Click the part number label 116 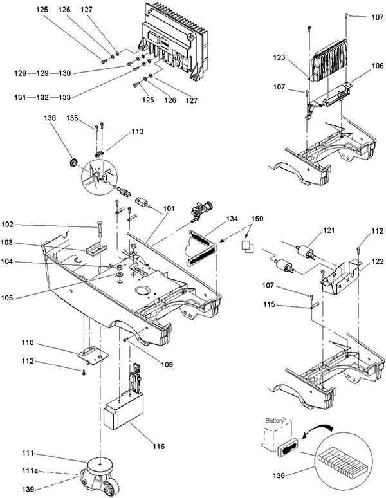[x=158, y=447]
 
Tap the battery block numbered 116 [x=124, y=409]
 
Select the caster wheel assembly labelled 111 [x=99, y=475]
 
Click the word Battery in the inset [x=275, y=421]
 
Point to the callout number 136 [x=279, y=475]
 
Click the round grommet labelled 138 [x=73, y=162]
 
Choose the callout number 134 [x=232, y=219]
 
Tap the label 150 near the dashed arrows [x=257, y=219]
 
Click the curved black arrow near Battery [x=317, y=429]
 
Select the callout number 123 [x=279, y=57]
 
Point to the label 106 [x=378, y=66]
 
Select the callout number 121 [x=329, y=230]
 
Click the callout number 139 [x=28, y=490]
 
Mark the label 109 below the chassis [x=167, y=364]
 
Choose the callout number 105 [x=7, y=298]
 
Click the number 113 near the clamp [x=137, y=131]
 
